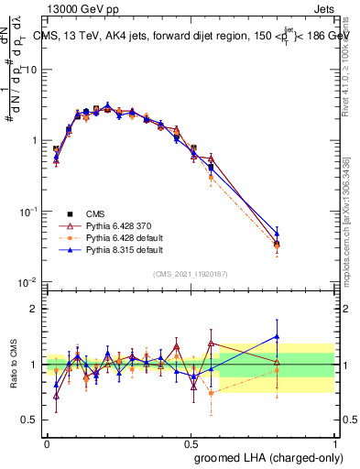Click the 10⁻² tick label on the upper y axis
[28, 282]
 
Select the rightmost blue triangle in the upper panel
[302, 234]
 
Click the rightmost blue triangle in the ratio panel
[302, 336]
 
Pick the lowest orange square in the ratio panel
[212, 393]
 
